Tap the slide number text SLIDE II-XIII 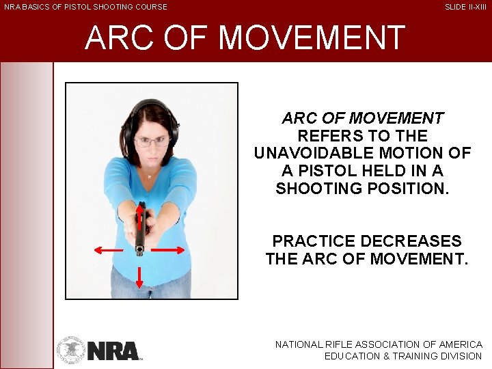pos(465,7)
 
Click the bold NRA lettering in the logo pos(113,351)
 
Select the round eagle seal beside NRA pos(70,349)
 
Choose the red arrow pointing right pos(167,251)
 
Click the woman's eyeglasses pos(152,141)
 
